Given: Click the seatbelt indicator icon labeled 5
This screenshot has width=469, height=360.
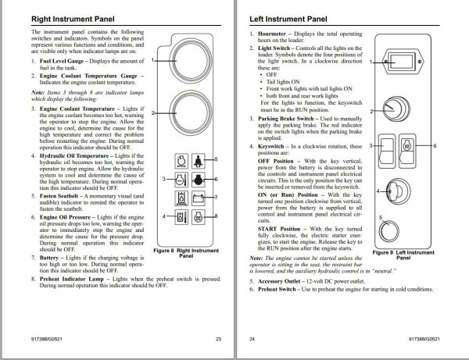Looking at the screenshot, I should [x=197, y=162].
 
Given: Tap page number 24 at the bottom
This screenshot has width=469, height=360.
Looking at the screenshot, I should [x=252, y=339].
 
